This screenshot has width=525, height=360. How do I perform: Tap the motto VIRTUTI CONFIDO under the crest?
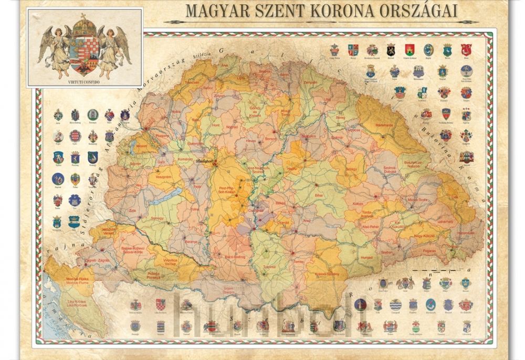[84, 82]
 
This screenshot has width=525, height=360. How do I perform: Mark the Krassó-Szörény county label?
[325, 273]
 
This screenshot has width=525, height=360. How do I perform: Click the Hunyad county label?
[366, 258]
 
